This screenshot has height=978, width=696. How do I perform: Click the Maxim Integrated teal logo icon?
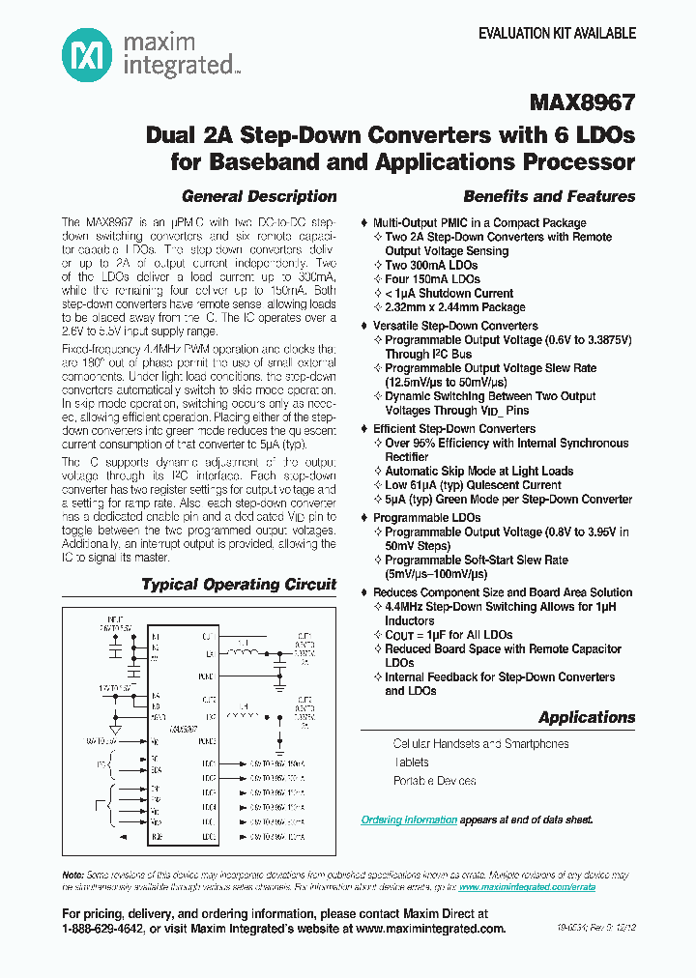coord(86,53)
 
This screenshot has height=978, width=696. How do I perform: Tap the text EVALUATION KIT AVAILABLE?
coord(558,33)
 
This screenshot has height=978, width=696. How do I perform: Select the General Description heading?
coord(259,196)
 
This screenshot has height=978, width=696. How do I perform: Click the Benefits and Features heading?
coord(549,196)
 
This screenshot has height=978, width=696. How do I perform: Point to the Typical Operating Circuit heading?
coord(239,584)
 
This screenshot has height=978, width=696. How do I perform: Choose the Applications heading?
coord(587,717)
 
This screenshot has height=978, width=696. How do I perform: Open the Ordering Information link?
coord(409,820)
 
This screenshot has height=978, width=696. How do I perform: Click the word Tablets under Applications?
coord(412,762)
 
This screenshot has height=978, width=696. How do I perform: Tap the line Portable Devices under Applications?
coord(434,780)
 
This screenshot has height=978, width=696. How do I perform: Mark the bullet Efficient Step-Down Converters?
coord(453,428)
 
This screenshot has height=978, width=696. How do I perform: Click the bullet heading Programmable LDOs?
coord(426,518)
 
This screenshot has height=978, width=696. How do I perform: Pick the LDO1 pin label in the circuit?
coord(209,762)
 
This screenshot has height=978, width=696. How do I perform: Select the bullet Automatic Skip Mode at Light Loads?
coord(478,471)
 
